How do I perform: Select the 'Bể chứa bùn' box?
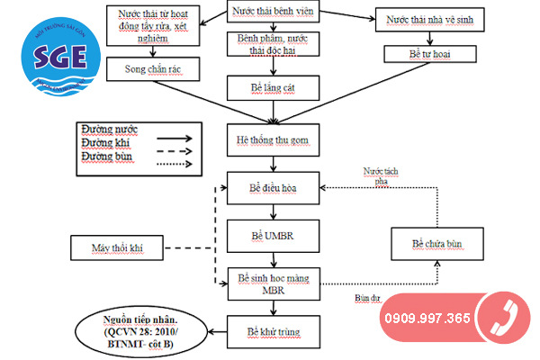point(427,244)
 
